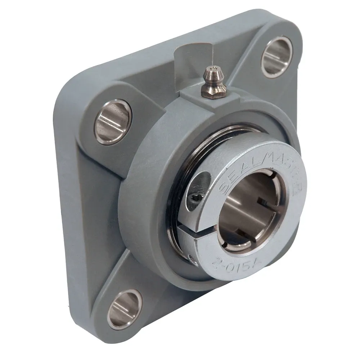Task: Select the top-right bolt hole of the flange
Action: [277, 57]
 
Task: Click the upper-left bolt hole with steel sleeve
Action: [113, 122]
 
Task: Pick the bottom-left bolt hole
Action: [125, 308]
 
